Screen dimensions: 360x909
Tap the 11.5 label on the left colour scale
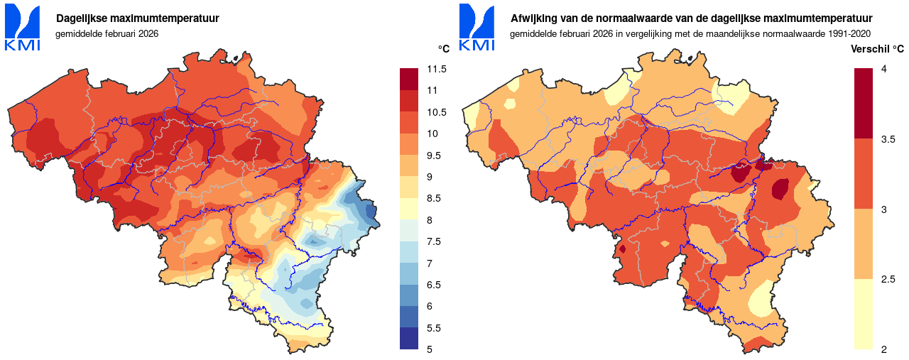coord(437,69)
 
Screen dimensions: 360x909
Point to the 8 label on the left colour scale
coord(430,220)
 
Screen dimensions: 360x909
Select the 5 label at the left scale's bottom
coord(430,349)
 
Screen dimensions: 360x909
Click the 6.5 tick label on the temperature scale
coord(434,285)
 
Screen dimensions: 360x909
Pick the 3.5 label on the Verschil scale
coord(888,139)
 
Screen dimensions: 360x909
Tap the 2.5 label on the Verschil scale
coord(888,280)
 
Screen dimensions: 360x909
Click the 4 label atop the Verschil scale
coord(883,69)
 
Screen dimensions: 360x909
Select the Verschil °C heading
coord(878,49)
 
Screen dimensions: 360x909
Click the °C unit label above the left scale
coord(444,49)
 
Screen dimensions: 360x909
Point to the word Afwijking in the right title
coord(532,18)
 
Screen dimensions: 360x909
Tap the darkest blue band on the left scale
coord(410,339)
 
